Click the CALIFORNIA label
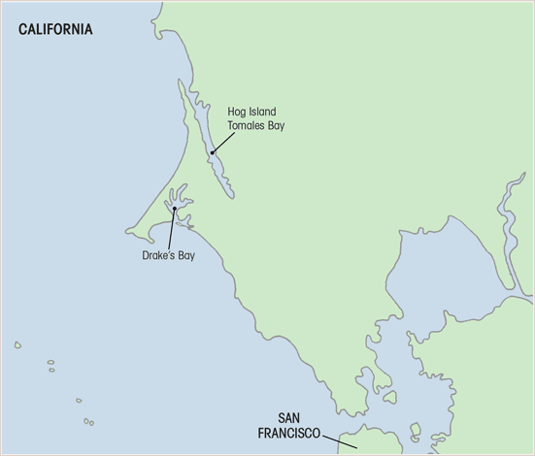pyautogui.click(x=55, y=30)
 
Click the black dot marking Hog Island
pyautogui.click(x=212, y=152)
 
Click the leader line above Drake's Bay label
pyautogui.click(x=171, y=229)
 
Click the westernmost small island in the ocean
pyautogui.click(x=17, y=344)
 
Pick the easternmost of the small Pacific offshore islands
pyautogui.click(x=89, y=422)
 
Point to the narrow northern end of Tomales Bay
pyautogui.click(x=181, y=87)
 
